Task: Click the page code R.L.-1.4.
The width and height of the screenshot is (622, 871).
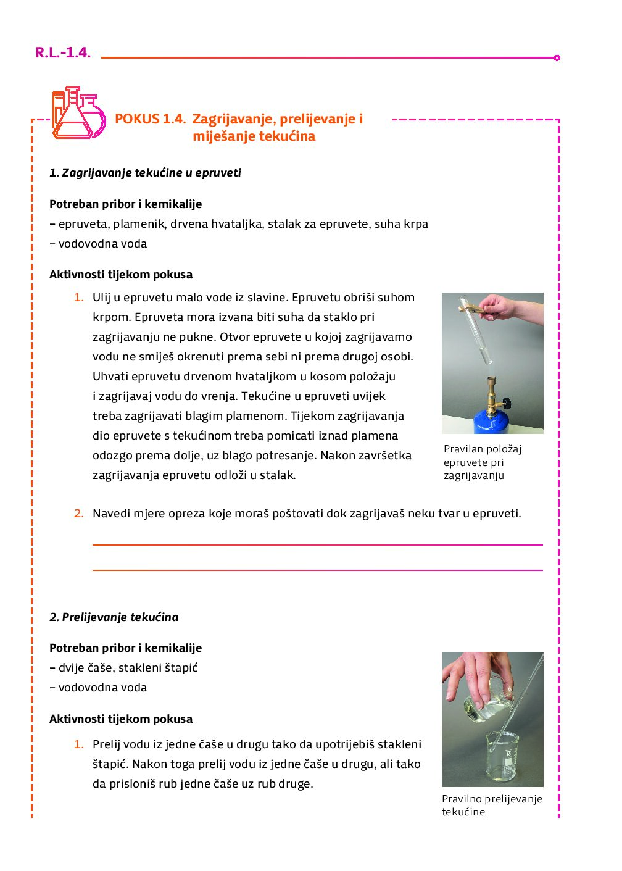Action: pos(63,52)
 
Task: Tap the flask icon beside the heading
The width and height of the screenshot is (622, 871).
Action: pos(78,114)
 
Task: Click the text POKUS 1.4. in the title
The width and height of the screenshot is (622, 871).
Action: pos(150,119)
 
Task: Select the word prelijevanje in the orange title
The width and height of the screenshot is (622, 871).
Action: pos(318,119)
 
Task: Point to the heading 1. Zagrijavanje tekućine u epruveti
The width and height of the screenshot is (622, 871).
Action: pos(145,173)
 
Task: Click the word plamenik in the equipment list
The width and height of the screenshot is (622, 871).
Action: pos(138,224)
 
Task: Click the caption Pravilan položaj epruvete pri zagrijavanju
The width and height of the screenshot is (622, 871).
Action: pos(482,462)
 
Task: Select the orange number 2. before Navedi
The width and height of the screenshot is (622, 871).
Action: pos(79,514)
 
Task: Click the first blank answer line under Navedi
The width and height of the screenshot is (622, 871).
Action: pos(317,544)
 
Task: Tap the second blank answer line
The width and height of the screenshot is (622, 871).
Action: pos(317,570)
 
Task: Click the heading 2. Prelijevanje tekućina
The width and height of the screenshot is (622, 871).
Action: pos(114,617)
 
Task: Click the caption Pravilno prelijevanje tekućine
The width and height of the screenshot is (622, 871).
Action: pos(492,806)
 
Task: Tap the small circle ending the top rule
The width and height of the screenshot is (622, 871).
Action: pos(557,58)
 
